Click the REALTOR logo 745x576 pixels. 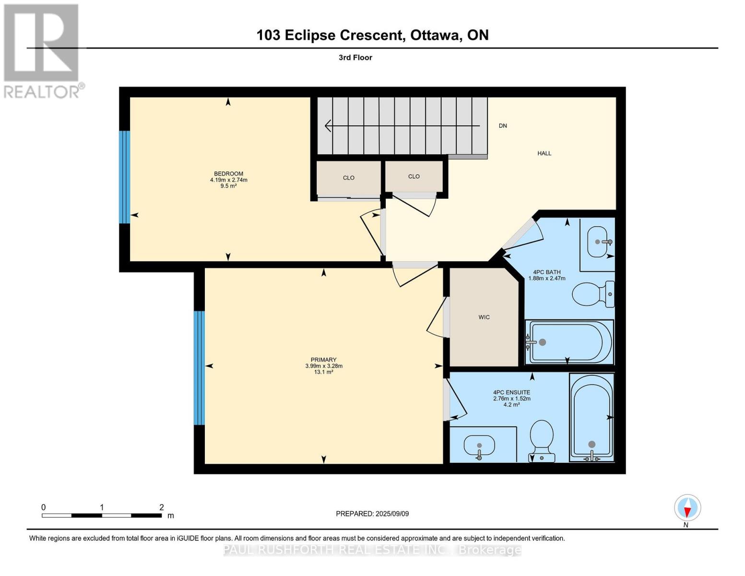(42, 50)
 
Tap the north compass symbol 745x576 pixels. (687, 508)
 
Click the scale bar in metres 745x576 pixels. (101, 516)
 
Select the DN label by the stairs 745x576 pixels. (503, 126)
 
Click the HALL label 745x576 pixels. (544, 154)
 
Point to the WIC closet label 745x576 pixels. (484, 317)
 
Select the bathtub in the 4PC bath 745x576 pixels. (569, 342)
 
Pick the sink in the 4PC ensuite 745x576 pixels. (479, 446)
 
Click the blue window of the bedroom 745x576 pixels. (124, 177)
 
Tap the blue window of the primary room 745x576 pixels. (199, 368)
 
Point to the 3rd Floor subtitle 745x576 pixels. (355, 58)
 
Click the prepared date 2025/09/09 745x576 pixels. (372, 514)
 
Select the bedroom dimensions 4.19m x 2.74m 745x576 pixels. (228, 180)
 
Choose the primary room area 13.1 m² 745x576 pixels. (323, 372)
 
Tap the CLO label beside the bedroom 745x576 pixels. (349, 178)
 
